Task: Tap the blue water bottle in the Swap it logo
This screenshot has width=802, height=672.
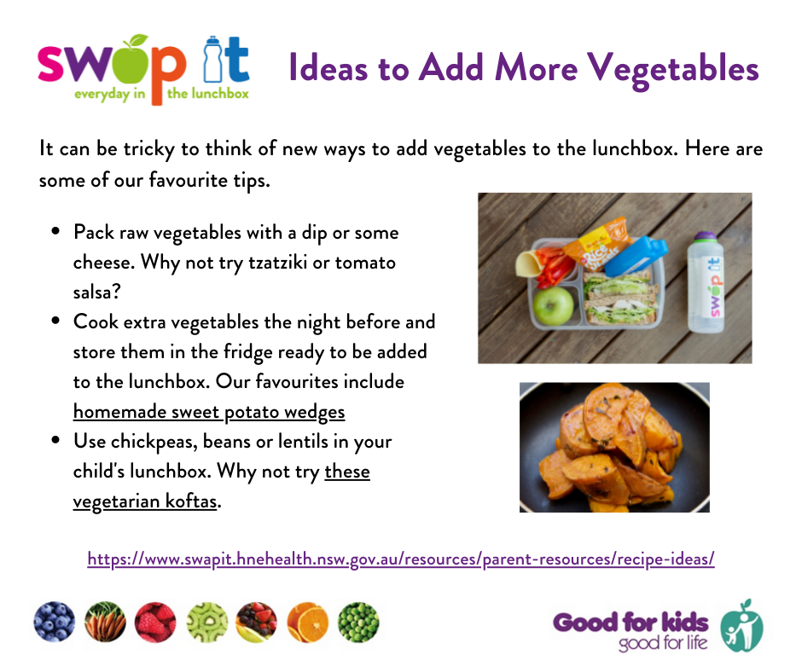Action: pos(212,60)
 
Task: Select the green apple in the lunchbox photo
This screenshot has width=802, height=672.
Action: pos(553,306)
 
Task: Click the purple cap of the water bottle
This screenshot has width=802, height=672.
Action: pos(706,236)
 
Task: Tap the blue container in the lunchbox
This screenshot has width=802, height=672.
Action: pos(636,254)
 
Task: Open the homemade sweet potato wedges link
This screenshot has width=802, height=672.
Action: pos(209,412)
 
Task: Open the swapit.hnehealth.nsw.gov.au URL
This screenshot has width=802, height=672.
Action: pos(401,559)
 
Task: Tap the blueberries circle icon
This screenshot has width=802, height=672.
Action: pos(55,622)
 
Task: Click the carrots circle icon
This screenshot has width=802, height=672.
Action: pos(105,622)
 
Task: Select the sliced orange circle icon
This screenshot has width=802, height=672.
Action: pos(307,622)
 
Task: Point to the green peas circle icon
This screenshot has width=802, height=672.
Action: pos(358,622)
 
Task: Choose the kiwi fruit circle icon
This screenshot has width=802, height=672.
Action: pos(206,622)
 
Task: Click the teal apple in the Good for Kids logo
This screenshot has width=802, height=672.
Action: pos(741,626)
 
